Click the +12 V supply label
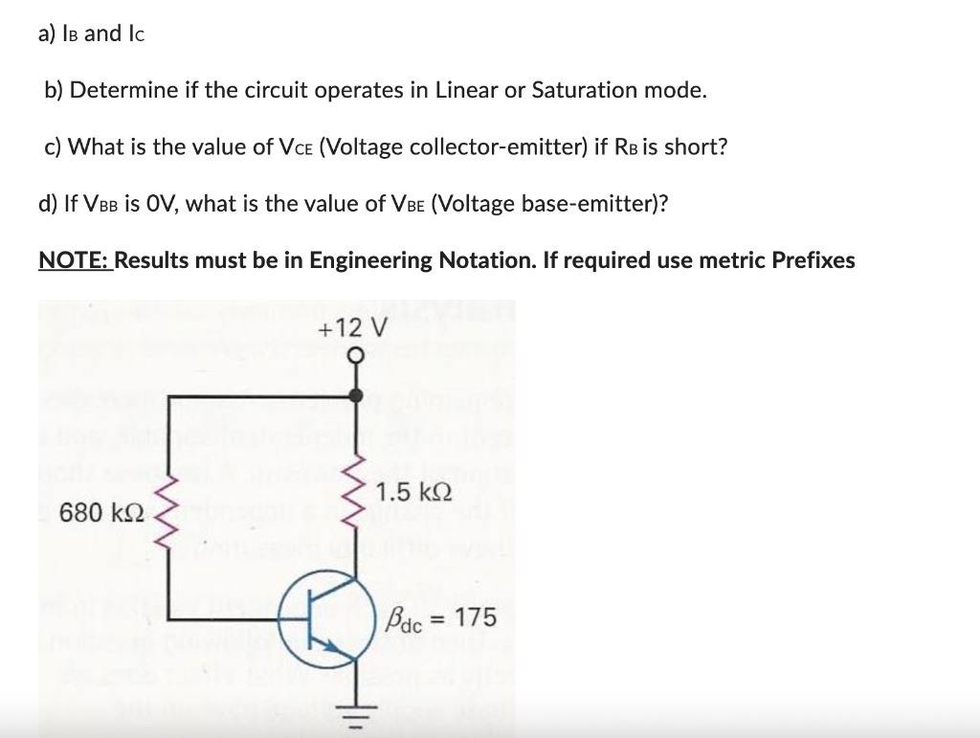pos(352,328)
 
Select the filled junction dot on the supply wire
pos(356,393)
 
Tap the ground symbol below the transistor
pos(356,711)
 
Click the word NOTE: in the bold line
pos(75,260)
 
